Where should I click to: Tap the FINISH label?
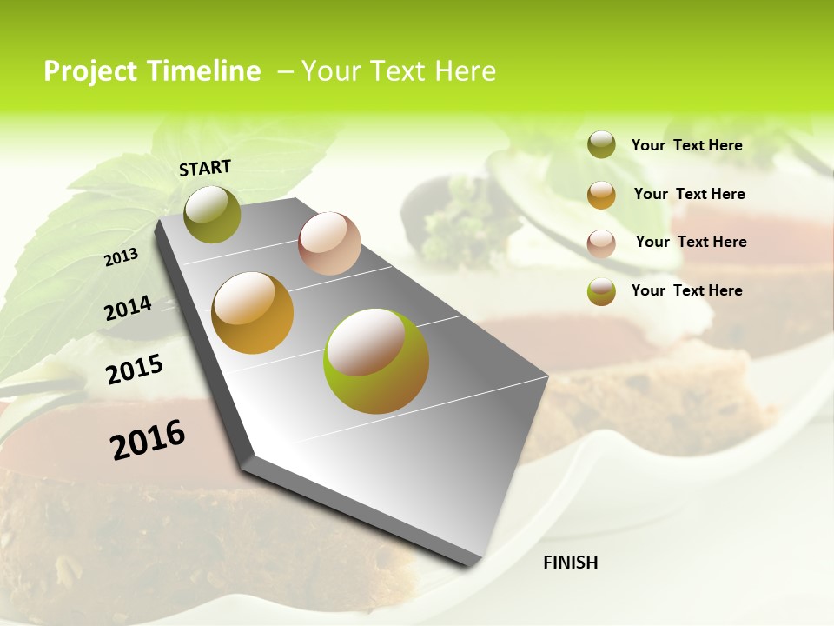coord(570,563)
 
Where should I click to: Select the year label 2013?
coord(122,256)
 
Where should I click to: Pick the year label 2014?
coord(128,309)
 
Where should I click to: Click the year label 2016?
coord(148,439)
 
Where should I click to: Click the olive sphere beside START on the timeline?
coord(213,214)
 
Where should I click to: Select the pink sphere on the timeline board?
coord(329,243)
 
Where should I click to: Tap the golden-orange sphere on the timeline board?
coord(253,313)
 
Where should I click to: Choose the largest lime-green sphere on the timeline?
coord(376,360)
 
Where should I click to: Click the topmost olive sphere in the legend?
coord(601,144)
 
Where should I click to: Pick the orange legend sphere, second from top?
coord(601,195)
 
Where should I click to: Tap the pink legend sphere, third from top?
coord(601,243)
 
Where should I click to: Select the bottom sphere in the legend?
coord(601,291)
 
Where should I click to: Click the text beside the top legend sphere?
coord(686,145)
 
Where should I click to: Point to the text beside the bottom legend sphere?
coord(686,290)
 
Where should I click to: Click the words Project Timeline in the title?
coord(152,71)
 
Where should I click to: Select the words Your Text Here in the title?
coord(399,71)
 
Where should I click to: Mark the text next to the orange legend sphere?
coord(689,194)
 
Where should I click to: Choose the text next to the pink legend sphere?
coord(691,242)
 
